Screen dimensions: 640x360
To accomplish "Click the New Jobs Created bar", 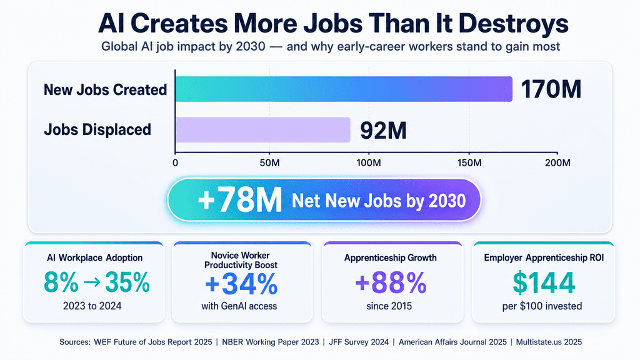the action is [344, 89].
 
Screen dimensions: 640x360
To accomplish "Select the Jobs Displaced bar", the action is [263, 130].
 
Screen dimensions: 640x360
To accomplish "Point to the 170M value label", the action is [551, 89].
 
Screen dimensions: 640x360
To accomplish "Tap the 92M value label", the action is [383, 131].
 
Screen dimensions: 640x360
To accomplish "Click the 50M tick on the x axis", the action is [270, 163].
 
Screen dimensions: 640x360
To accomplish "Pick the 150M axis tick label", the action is [469, 163].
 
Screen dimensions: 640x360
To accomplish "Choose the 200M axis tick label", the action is [557, 163].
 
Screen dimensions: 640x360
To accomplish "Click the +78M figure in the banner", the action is [239, 200].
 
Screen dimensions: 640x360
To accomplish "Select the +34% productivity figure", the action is [241, 284].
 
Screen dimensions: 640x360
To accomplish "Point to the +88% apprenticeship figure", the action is [391, 283].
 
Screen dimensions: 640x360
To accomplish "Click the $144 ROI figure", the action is [544, 283].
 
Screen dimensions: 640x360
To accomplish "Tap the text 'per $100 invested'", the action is [542, 306].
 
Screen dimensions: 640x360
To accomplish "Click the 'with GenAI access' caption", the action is [239, 306].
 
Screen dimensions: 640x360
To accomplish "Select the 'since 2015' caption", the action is [389, 306].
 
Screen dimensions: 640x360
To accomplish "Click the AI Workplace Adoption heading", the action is [95, 257].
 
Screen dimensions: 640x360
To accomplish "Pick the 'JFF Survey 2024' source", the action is [359, 342].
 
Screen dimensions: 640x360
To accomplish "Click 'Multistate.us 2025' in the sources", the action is [549, 342].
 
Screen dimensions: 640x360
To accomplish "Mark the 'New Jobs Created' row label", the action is [105, 90].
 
